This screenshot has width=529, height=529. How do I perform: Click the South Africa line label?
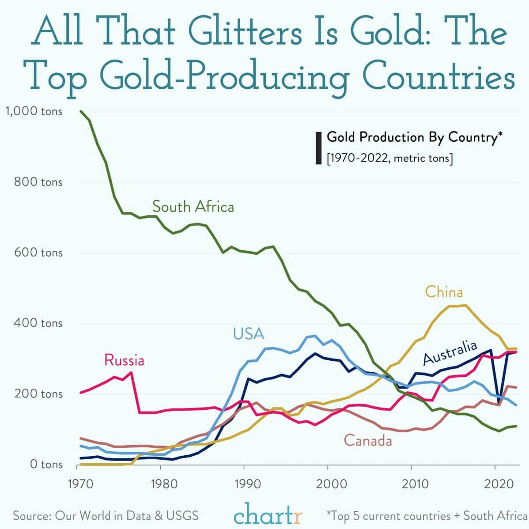pos(193,207)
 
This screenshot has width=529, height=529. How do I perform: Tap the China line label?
pos(444,292)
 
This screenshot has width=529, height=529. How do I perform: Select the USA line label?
pos(249,334)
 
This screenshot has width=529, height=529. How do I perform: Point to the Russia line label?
pos(124,360)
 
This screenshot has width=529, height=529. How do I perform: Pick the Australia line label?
pos(450,352)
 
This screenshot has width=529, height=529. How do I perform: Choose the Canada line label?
pos(368,440)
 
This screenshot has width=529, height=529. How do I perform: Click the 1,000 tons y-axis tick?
pos(34,112)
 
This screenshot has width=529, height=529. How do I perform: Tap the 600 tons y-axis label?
pos(38,253)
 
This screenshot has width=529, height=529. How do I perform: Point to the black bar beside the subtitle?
pos(318,148)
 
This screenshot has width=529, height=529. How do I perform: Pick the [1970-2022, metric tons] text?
pos(390,158)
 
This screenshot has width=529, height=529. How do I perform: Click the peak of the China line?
pos(465,305)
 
